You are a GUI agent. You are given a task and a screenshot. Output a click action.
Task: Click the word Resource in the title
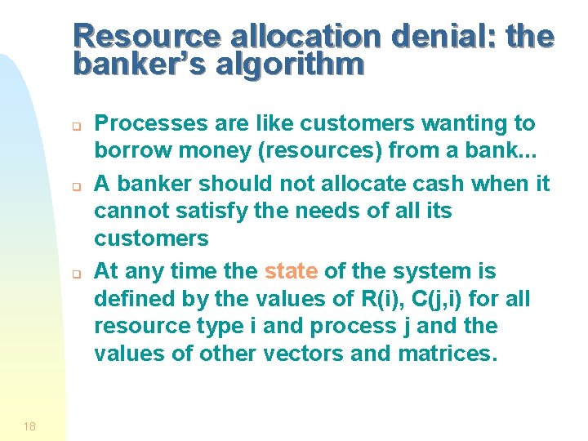click(148, 37)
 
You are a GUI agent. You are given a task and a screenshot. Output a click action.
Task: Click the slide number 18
click(29, 425)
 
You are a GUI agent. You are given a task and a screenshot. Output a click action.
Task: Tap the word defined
click(131, 299)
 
